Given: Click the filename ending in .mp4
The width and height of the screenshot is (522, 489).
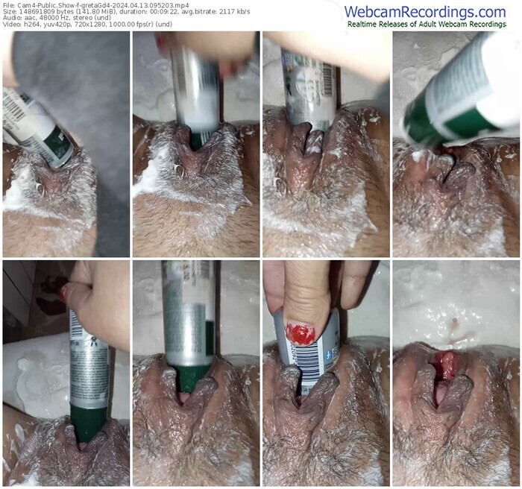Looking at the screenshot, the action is click(x=104, y=5).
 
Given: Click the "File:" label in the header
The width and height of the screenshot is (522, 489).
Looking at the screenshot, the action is click(x=9, y=5).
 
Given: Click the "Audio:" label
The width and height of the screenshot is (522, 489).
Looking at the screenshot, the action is click(x=11, y=18).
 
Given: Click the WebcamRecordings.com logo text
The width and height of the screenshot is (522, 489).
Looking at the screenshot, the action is click(x=425, y=13).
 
